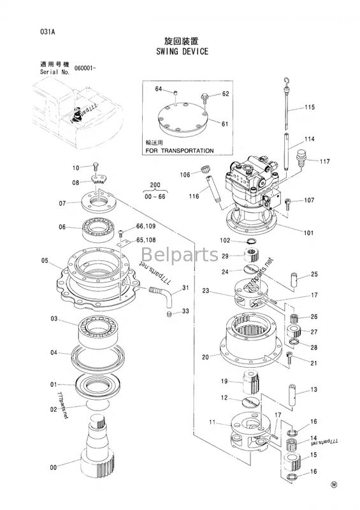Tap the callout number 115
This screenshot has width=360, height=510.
(310, 107)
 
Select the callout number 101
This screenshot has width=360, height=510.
(308, 233)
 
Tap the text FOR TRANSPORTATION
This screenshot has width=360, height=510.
(179, 151)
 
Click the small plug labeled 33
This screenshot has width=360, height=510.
(168, 314)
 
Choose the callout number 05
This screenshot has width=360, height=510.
(45, 260)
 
